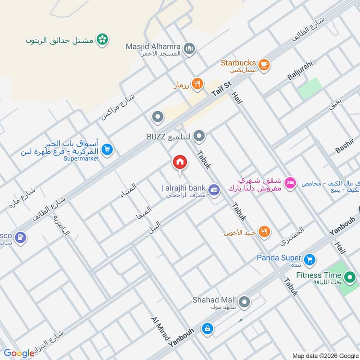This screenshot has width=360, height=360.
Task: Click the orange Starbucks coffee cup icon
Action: [264, 63]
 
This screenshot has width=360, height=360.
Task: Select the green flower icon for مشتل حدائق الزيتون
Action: [103, 40]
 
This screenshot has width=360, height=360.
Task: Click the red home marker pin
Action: [180, 162]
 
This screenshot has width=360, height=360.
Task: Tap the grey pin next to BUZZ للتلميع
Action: [200, 135]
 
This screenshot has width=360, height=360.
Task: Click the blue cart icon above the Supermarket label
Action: [107, 149]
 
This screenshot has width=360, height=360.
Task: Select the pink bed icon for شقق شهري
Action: [290, 182]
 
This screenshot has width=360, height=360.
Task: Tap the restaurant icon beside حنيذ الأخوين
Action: [265, 232]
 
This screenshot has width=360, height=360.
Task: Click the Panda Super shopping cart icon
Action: [309, 259]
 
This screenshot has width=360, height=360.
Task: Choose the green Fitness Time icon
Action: [349, 276]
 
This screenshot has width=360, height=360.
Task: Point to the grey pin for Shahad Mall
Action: [244, 302]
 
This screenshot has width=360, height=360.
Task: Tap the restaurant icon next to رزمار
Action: [197, 84]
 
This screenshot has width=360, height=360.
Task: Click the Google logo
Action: [19, 353]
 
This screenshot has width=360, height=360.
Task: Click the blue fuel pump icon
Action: [20, 237]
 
